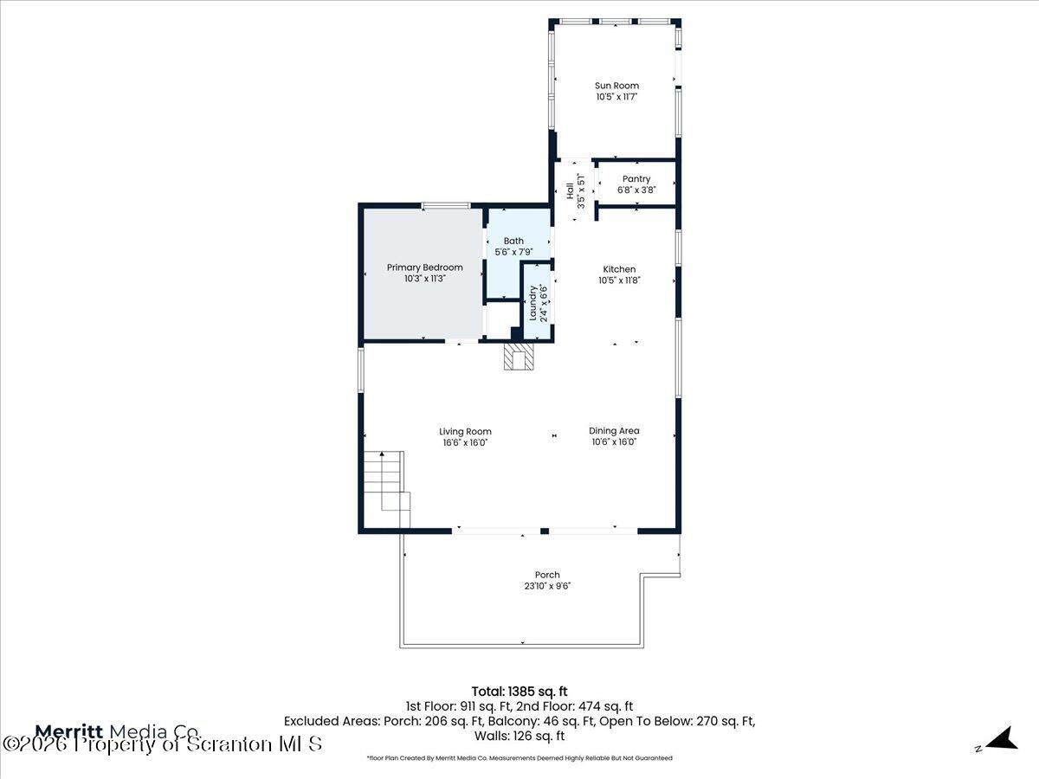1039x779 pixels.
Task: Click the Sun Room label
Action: coord(616,86)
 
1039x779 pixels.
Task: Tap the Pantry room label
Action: coord(636,179)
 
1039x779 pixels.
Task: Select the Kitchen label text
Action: coord(619,269)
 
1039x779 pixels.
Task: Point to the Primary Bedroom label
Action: coord(424,267)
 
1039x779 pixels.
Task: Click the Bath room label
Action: coord(513,241)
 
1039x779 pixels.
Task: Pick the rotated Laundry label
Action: coord(533,303)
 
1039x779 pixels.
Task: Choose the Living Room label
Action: coord(465,431)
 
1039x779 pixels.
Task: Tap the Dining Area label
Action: coord(614,431)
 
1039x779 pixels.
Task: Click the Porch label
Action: coord(547,575)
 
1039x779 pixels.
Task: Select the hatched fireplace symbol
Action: coord(520,357)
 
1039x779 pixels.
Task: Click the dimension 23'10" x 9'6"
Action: coord(547,586)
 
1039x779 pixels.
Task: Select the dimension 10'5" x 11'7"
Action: coord(616,97)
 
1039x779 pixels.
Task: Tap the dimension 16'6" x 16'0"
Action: coord(465,442)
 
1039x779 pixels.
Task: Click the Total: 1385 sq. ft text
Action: coord(519,691)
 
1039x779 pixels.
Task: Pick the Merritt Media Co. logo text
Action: coord(117,731)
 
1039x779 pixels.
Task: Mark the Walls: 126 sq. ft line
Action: coord(519,737)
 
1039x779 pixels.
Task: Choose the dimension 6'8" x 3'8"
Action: coord(636,190)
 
